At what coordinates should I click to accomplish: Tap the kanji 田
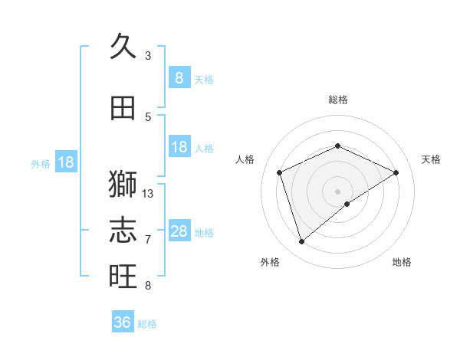pos(123,109)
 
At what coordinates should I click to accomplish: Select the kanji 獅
pos(123,185)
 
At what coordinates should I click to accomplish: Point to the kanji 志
pos(123,230)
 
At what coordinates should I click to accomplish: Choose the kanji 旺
pos(123,276)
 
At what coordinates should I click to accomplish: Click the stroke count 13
pos(148,194)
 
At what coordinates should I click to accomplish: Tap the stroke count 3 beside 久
pos(148,56)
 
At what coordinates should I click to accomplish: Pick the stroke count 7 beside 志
pos(148,240)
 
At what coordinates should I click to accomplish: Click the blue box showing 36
pos(123,322)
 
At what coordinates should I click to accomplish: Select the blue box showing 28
pos(179,231)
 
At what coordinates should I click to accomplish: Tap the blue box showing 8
pos(179,77)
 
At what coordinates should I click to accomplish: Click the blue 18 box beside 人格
pos(179,147)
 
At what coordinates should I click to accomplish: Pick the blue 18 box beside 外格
pos(66,162)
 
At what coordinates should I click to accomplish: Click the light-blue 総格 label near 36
pos(147,324)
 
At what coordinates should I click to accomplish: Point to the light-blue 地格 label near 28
pos(204,233)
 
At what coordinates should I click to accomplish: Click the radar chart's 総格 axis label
pos(338,100)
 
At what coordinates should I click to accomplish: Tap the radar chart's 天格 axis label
pos(431,159)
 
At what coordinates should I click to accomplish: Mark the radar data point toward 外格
pos(301,242)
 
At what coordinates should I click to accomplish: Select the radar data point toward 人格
pos(280,172)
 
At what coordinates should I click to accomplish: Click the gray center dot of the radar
pos(337,191)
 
